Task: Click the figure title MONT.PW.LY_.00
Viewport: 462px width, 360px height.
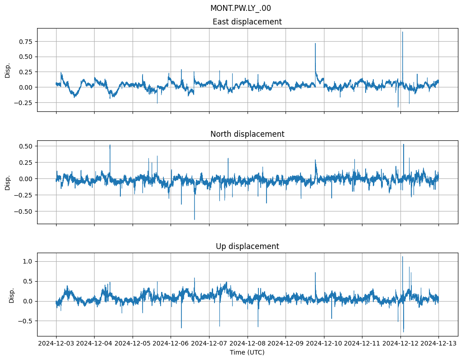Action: click(x=241, y=8)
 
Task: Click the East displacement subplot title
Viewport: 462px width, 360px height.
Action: click(x=247, y=22)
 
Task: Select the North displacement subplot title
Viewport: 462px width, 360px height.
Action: click(x=247, y=134)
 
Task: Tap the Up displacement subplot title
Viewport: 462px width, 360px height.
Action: click(x=247, y=246)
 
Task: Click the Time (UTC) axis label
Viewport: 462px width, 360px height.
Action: click(x=247, y=352)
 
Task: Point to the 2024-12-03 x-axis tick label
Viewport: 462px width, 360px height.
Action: click(x=56, y=343)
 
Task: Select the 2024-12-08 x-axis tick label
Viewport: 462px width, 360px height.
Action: click(x=248, y=343)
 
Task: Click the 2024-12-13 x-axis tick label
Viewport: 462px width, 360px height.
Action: click(x=438, y=343)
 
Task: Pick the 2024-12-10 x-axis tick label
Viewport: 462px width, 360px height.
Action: click(x=324, y=343)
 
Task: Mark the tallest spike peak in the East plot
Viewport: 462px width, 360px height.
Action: click(x=402, y=32)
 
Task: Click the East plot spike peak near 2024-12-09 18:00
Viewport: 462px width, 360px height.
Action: click(x=315, y=43)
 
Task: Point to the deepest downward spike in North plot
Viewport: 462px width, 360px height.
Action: click(x=195, y=220)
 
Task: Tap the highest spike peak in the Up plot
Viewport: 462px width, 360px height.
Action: click(x=402, y=257)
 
